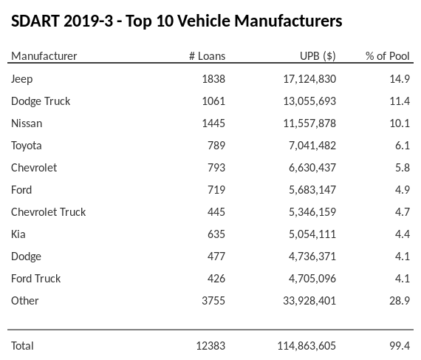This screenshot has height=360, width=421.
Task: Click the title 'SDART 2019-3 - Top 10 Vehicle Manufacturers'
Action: pyautogui.click(x=177, y=21)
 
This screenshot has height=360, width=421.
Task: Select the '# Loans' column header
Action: pyautogui.click(x=207, y=56)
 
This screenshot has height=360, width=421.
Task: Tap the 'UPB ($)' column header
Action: pyautogui.click(x=317, y=56)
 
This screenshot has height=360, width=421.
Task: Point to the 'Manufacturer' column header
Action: pyautogui.click(x=44, y=56)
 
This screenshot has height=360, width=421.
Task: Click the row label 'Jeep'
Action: pyautogui.click(x=22, y=79)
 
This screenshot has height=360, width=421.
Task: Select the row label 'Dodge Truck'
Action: pyautogui.click(x=41, y=101)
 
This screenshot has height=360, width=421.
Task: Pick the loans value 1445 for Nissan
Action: pyautogui.click(x=213, y=123)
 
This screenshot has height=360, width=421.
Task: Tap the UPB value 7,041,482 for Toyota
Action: pyautogui.click(x=311, y=146)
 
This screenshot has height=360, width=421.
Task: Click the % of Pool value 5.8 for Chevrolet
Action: pyautogui.click(x=402, y=168)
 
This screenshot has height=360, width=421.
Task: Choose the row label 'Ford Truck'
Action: pyautogui.click(x=36, y=279)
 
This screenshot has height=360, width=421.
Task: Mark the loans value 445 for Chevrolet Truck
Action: pyautogui.click(x=216, y=212)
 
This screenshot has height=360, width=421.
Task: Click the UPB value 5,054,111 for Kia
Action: pyautogui.click(x=311, y=234)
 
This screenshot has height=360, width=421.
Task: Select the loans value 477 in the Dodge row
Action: pyautogui.click(x=216, y=257)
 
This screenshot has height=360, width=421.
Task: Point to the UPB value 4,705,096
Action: pyautogui.click(x=311, y=279)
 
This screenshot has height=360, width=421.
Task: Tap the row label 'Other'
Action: pyautogui.click(x=25, y=301)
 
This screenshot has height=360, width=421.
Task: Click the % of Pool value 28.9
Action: pyautogui.click(x=399, y=301)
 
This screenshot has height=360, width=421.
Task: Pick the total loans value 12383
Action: pyautogui.click(x=210, y=346)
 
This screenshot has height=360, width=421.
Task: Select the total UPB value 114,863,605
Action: pyautogui.click(x=305, y=346)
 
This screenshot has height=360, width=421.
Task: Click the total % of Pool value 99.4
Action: pyautogui.click(x=399, y=346)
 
